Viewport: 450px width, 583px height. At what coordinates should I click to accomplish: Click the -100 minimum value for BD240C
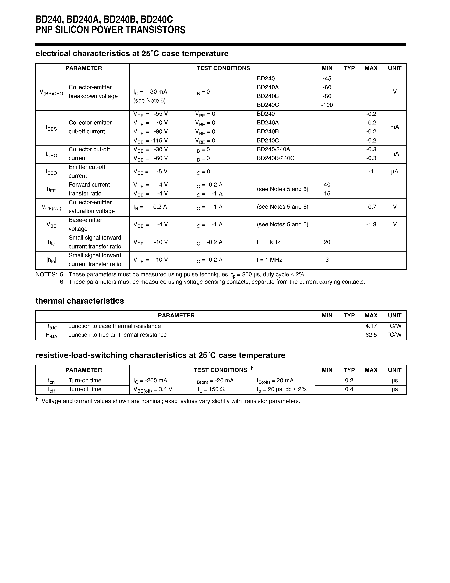point(327,105)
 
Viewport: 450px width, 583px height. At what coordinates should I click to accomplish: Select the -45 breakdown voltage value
point(327,78)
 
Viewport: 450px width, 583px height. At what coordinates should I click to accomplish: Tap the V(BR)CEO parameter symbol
point(51,92)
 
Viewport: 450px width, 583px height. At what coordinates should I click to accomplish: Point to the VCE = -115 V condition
point(151,141)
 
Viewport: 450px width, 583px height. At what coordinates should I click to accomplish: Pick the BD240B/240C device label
point(275,158)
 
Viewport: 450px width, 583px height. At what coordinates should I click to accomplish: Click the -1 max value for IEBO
point(371,171)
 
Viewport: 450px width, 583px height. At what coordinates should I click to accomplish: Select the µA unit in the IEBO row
point(395,171)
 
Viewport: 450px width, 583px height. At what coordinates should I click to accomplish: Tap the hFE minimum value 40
point(327,184)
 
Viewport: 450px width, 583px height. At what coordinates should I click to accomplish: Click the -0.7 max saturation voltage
point(371,207)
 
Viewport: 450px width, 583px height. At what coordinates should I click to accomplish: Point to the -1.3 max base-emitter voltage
point(371,224)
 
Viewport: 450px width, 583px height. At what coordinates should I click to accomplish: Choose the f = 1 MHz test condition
point(269,259)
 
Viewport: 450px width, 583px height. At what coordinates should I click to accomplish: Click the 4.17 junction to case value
point(371,326)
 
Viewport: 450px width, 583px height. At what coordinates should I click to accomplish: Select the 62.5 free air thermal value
point(371,335)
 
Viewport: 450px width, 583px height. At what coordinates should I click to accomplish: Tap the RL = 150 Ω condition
point(210,389)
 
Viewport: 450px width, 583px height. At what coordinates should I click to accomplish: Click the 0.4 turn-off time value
point(349,389)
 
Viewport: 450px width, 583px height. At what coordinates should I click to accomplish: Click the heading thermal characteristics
point(79,301)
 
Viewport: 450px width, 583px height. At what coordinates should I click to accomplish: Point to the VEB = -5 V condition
point(151,172)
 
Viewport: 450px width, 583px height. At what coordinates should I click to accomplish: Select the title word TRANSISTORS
point(155,30)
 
